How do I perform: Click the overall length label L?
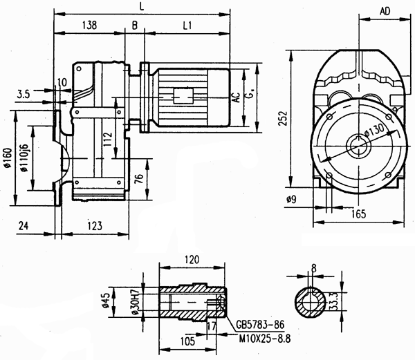click(x=142, y=6)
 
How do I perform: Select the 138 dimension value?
click(x=89, y=25)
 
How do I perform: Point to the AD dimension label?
click(x=387, y=11)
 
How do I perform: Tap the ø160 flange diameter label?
click(x=8, y=158)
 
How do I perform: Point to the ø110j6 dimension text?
click(x=25, y=158)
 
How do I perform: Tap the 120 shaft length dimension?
click(x=192, y=259)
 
